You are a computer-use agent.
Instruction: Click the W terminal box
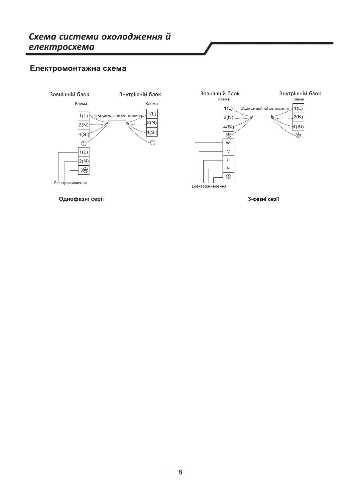coord(228,143)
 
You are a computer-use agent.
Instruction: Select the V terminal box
coord(228,151)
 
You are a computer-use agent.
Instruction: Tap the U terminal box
coord(228,160)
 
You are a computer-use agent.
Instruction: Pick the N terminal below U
coord(228,168)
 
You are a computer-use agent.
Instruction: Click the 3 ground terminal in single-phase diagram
coord(84,170)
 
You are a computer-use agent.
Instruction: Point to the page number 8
coord(180,472)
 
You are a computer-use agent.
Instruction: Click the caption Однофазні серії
coord(81,199)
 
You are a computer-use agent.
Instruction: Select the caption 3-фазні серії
coord(263,199)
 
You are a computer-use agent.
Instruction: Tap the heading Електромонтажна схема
coord(78,69)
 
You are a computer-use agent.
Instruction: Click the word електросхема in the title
coord(62,47)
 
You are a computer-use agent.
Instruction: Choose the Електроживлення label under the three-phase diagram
coord(209,186)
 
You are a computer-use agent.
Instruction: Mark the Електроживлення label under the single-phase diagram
coord(70,183)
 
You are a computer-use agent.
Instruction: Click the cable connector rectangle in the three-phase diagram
coord(262,117)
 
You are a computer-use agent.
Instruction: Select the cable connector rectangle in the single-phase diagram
coord(117,122)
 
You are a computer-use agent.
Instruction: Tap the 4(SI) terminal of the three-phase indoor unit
coord(299,127)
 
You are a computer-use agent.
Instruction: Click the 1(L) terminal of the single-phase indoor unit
coord(152,114)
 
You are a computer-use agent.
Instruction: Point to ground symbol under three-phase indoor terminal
coord(299,135)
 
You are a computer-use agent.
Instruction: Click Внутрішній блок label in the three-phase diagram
coord(300,94)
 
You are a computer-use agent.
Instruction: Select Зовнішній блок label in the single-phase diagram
coord(69,94)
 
